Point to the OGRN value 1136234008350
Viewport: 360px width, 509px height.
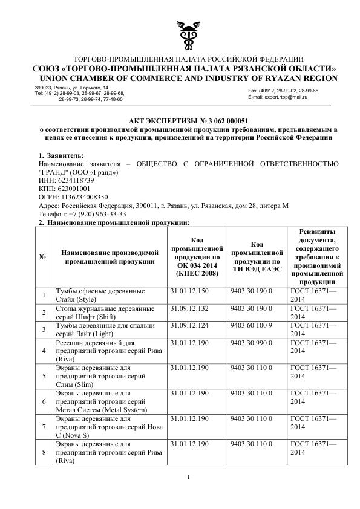pos(83,197)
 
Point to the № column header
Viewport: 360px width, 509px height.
pos(43,257)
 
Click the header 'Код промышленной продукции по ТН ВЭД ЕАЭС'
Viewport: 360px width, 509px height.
pos(257,257)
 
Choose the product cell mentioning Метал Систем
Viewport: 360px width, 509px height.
pos(101,401)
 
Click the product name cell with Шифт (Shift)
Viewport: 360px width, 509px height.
pos(101,313)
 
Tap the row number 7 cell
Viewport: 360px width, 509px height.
pos(43,426)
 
